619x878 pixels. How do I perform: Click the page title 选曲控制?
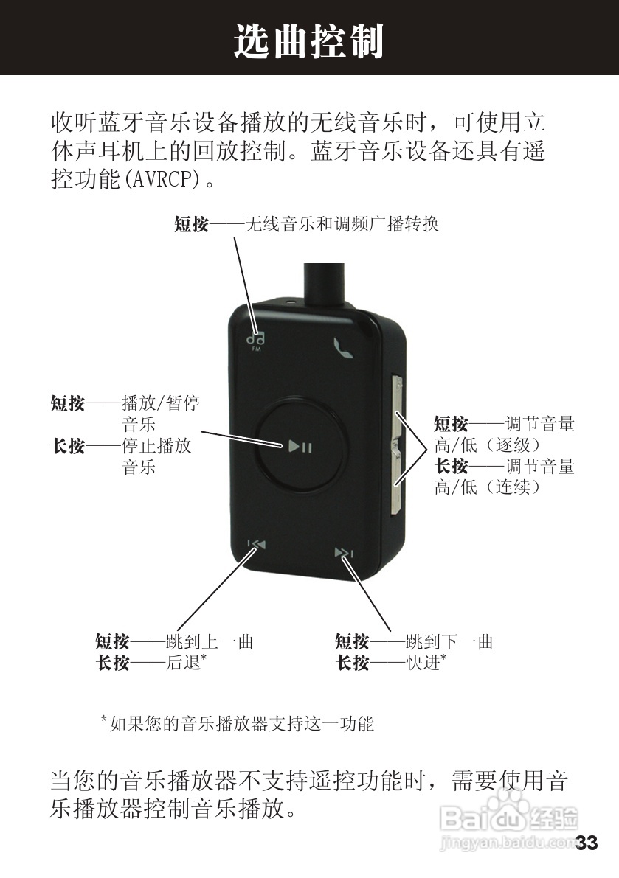(x=309, y=41)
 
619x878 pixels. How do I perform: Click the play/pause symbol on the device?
(x=300, y=445)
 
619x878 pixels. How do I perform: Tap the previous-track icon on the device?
(x=256, y=546)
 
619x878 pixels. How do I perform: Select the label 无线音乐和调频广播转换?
(x=342, y=223)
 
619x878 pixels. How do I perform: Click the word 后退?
(x=183, y=663)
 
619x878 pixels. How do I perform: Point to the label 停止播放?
(x=156, y=445)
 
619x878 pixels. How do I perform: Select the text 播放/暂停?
(x=160, y=403)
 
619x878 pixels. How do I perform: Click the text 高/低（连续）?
(x=488, y=487)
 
